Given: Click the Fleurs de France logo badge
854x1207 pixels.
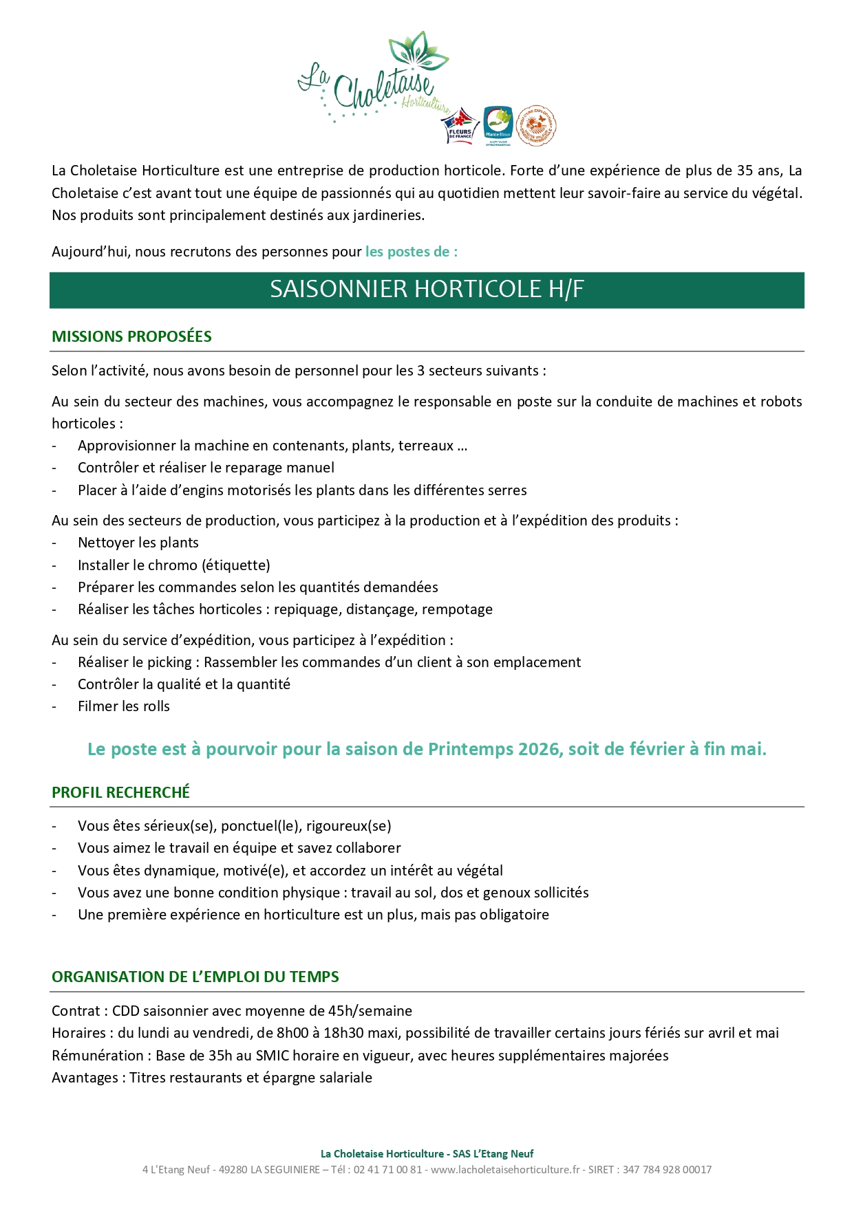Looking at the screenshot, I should click(460, 126).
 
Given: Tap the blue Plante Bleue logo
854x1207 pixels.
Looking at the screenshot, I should click(498, 125).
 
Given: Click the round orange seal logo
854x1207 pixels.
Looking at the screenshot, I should click(536, 125).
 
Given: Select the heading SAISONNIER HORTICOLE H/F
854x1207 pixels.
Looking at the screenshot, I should click(427, 290).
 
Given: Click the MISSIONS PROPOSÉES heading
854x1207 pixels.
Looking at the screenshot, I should click(131, 336).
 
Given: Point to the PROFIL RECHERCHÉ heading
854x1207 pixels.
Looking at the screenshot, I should click(120, 792).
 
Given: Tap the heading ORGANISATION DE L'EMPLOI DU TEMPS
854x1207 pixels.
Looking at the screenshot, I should click(195, 977).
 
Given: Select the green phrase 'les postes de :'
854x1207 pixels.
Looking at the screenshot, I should click(411, 252).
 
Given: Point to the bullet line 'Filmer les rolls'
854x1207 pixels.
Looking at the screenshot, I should click(124, 706).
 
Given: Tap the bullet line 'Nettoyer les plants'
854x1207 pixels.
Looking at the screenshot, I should click(138, 543).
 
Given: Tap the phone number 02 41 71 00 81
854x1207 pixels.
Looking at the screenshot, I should click(387, 1169).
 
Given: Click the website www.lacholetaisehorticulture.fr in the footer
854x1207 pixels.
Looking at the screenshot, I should click(505, 1169).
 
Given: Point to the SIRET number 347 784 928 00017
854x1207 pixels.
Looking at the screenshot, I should click(667, 1169).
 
